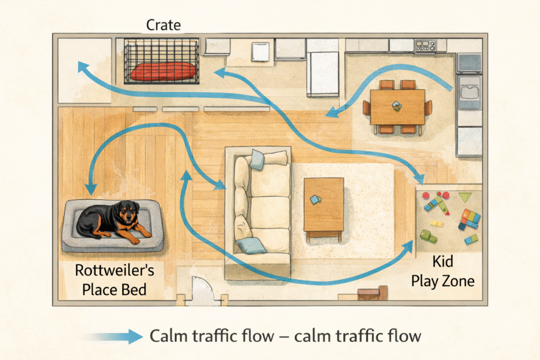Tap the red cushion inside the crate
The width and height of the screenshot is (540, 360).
tap(162, 71)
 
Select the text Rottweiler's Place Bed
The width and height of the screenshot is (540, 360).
tap(114, 280)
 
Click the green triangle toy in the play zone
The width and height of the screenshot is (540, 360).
tap(465, 197)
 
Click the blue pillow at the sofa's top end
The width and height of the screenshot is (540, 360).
tap(257, 159)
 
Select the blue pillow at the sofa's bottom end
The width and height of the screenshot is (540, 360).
tap(251, 245)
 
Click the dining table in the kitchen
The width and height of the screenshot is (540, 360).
tap(397, 106)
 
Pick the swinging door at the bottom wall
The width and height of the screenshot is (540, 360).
tap(202, 291)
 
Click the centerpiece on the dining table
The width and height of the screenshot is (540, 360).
tap(397, 106)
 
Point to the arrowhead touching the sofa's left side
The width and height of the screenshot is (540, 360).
tap(221, 186)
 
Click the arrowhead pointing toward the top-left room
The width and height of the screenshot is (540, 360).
tap(81, 66)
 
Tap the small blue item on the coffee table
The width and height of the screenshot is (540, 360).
tap(315, 199)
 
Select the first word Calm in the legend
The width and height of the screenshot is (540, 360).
tap(168, 336)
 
